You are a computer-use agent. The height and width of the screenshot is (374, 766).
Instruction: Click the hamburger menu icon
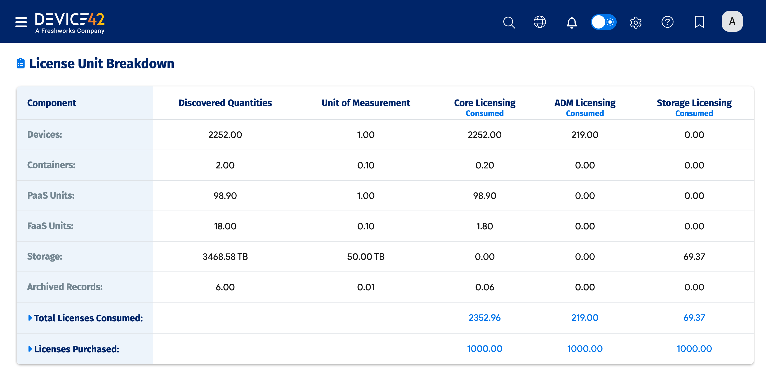click(21, 22)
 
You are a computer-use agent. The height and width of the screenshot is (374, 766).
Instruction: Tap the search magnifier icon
click(509, 22)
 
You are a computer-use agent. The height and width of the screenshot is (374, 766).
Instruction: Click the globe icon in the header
click(539, 22)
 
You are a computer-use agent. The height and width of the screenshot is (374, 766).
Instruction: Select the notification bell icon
click(571, 22)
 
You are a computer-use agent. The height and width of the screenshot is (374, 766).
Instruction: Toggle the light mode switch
click(603, 22)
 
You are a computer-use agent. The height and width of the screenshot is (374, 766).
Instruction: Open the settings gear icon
click(635, 22)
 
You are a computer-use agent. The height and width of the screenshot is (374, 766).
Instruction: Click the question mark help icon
click(667, 22)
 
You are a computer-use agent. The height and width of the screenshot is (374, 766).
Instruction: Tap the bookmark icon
click(699, 22)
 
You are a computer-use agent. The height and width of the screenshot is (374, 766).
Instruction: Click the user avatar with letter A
click(732, 21)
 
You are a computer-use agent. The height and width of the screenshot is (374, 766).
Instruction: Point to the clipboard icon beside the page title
click(21, 63)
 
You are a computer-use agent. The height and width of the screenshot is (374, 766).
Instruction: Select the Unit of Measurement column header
click(366, 103)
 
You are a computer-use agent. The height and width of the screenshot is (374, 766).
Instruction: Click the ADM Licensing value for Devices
click(584, 135)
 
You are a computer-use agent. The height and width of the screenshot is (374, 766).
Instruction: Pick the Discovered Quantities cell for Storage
click(225, 257)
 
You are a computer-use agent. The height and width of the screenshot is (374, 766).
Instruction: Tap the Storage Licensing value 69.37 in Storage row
click(694, 257)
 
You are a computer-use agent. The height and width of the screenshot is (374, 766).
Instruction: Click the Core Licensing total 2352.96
click(484, 318)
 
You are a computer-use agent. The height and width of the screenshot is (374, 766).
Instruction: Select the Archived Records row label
click(65, 287)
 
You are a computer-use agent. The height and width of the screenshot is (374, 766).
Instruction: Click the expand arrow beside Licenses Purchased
click(30, 349)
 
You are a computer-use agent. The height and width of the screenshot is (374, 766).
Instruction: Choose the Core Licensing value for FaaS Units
click(484, 226)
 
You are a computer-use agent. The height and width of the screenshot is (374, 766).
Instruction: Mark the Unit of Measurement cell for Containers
click(366, 165)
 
